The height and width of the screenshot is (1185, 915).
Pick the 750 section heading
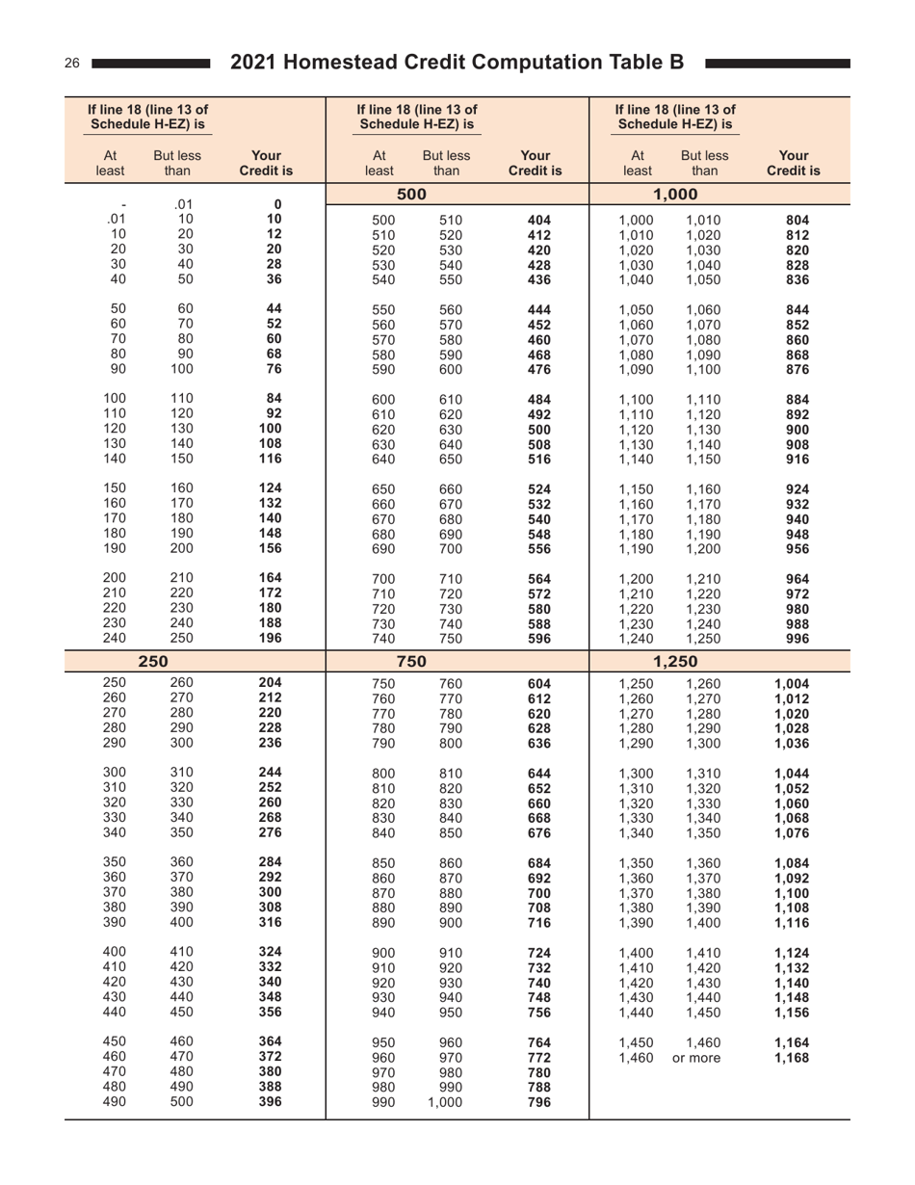pos(412,661)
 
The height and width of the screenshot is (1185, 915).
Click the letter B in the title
pos(677,63)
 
